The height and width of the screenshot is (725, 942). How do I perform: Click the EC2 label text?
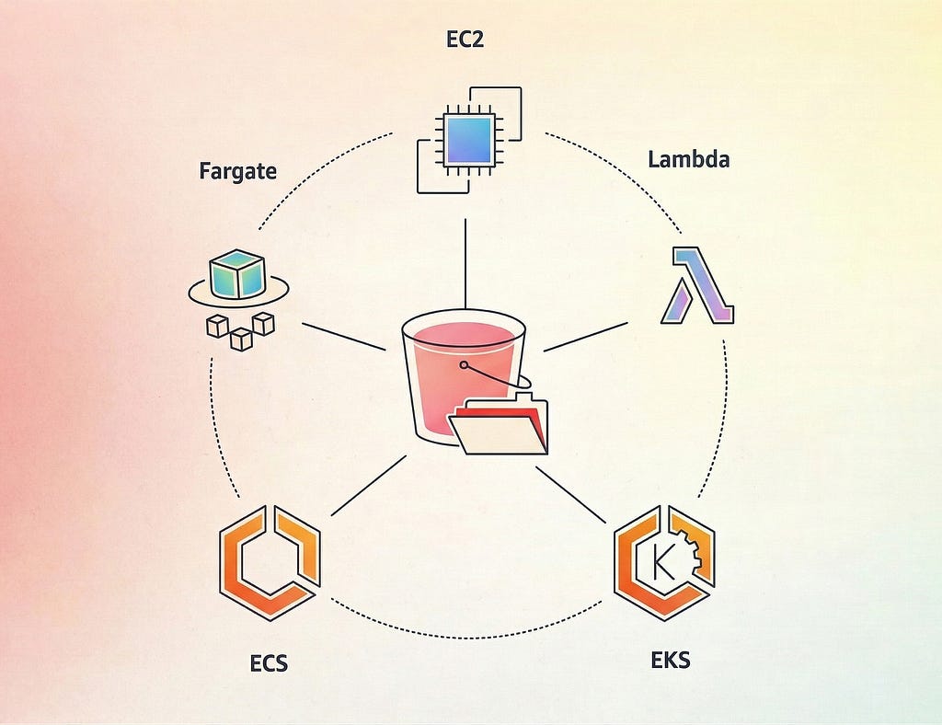pos(465,39)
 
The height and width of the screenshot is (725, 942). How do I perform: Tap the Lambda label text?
pos(688,159)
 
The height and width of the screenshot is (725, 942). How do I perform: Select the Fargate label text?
pos(238,171)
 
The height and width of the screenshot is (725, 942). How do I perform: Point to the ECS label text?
pos(269,663)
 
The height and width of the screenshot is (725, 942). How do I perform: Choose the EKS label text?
pos(671,660)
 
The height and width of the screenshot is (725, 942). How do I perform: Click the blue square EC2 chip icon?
pos(469,140)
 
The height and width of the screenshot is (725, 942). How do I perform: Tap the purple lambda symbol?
pos(697,284)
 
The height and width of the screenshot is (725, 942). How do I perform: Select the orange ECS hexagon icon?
pos(270,563)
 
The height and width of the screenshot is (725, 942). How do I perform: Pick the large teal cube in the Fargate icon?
pos(236,274)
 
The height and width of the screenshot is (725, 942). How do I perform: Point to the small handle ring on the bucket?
pos(464,364)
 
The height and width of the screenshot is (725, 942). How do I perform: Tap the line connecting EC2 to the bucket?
pos(465,264)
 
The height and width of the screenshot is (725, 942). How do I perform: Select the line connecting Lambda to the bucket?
pos(586,337)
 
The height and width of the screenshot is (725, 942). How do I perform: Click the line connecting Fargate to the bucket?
pos(344,337)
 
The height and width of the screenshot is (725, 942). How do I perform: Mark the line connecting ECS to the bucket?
pos(369,486)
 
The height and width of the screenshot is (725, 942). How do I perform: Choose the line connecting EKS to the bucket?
pos(570,495)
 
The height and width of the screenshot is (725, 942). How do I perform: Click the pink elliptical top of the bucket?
pos(464,329)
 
